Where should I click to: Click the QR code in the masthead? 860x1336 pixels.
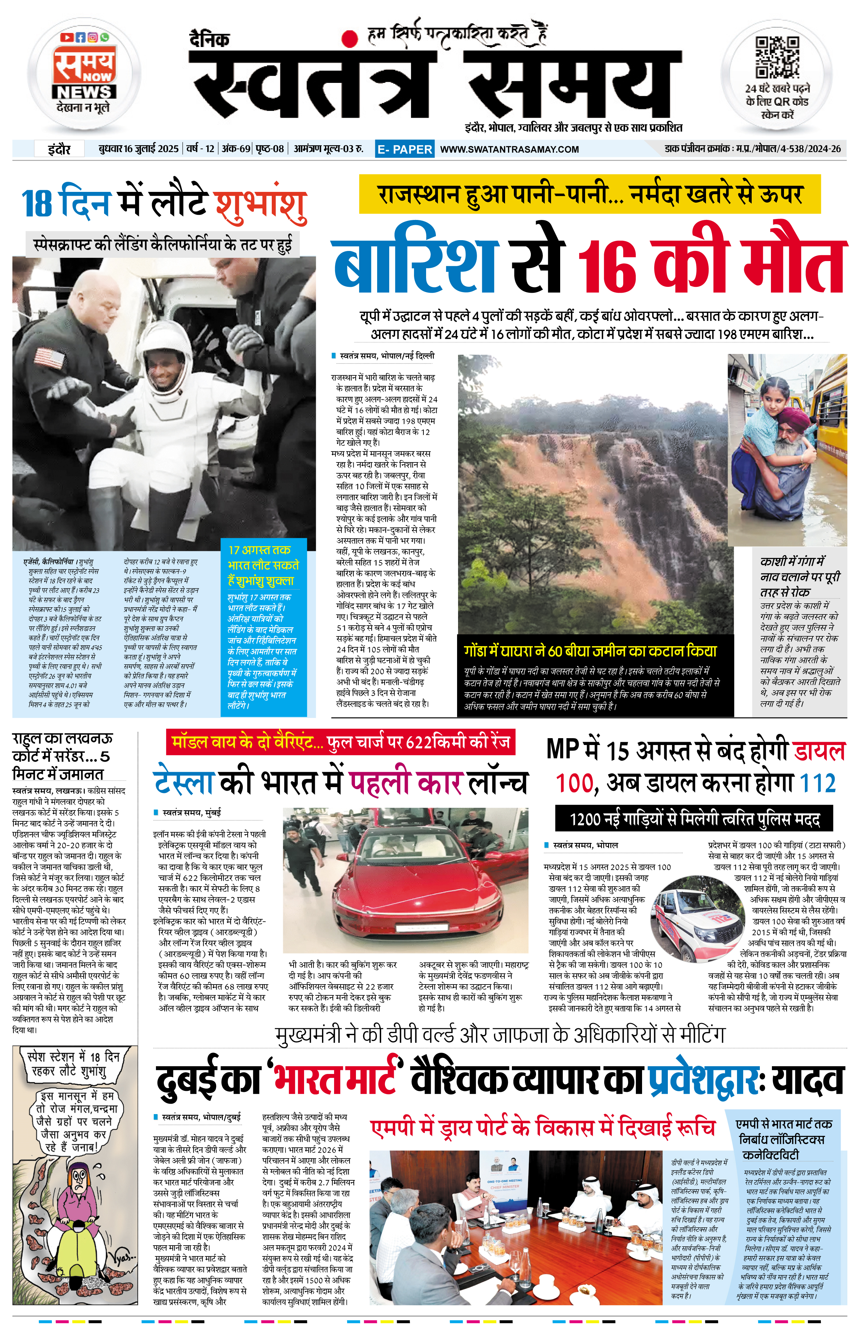[777, 57]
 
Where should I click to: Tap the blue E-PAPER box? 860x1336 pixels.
[404, 149]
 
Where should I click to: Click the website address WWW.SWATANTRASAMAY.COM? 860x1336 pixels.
[509, 149]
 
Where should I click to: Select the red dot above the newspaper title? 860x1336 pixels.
[350, 38]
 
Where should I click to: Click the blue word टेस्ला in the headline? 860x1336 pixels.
[183, 782]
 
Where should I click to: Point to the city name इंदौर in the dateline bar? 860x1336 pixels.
[59, 149]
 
